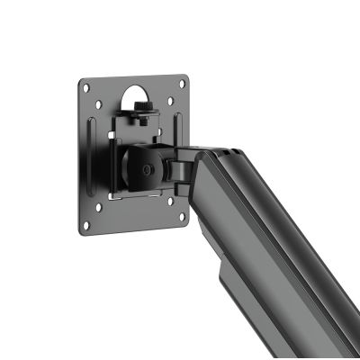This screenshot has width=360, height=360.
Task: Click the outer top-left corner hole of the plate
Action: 85,87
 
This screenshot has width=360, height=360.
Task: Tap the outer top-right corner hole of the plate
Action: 184,84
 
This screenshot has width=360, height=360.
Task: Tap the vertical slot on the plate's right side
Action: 178,126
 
